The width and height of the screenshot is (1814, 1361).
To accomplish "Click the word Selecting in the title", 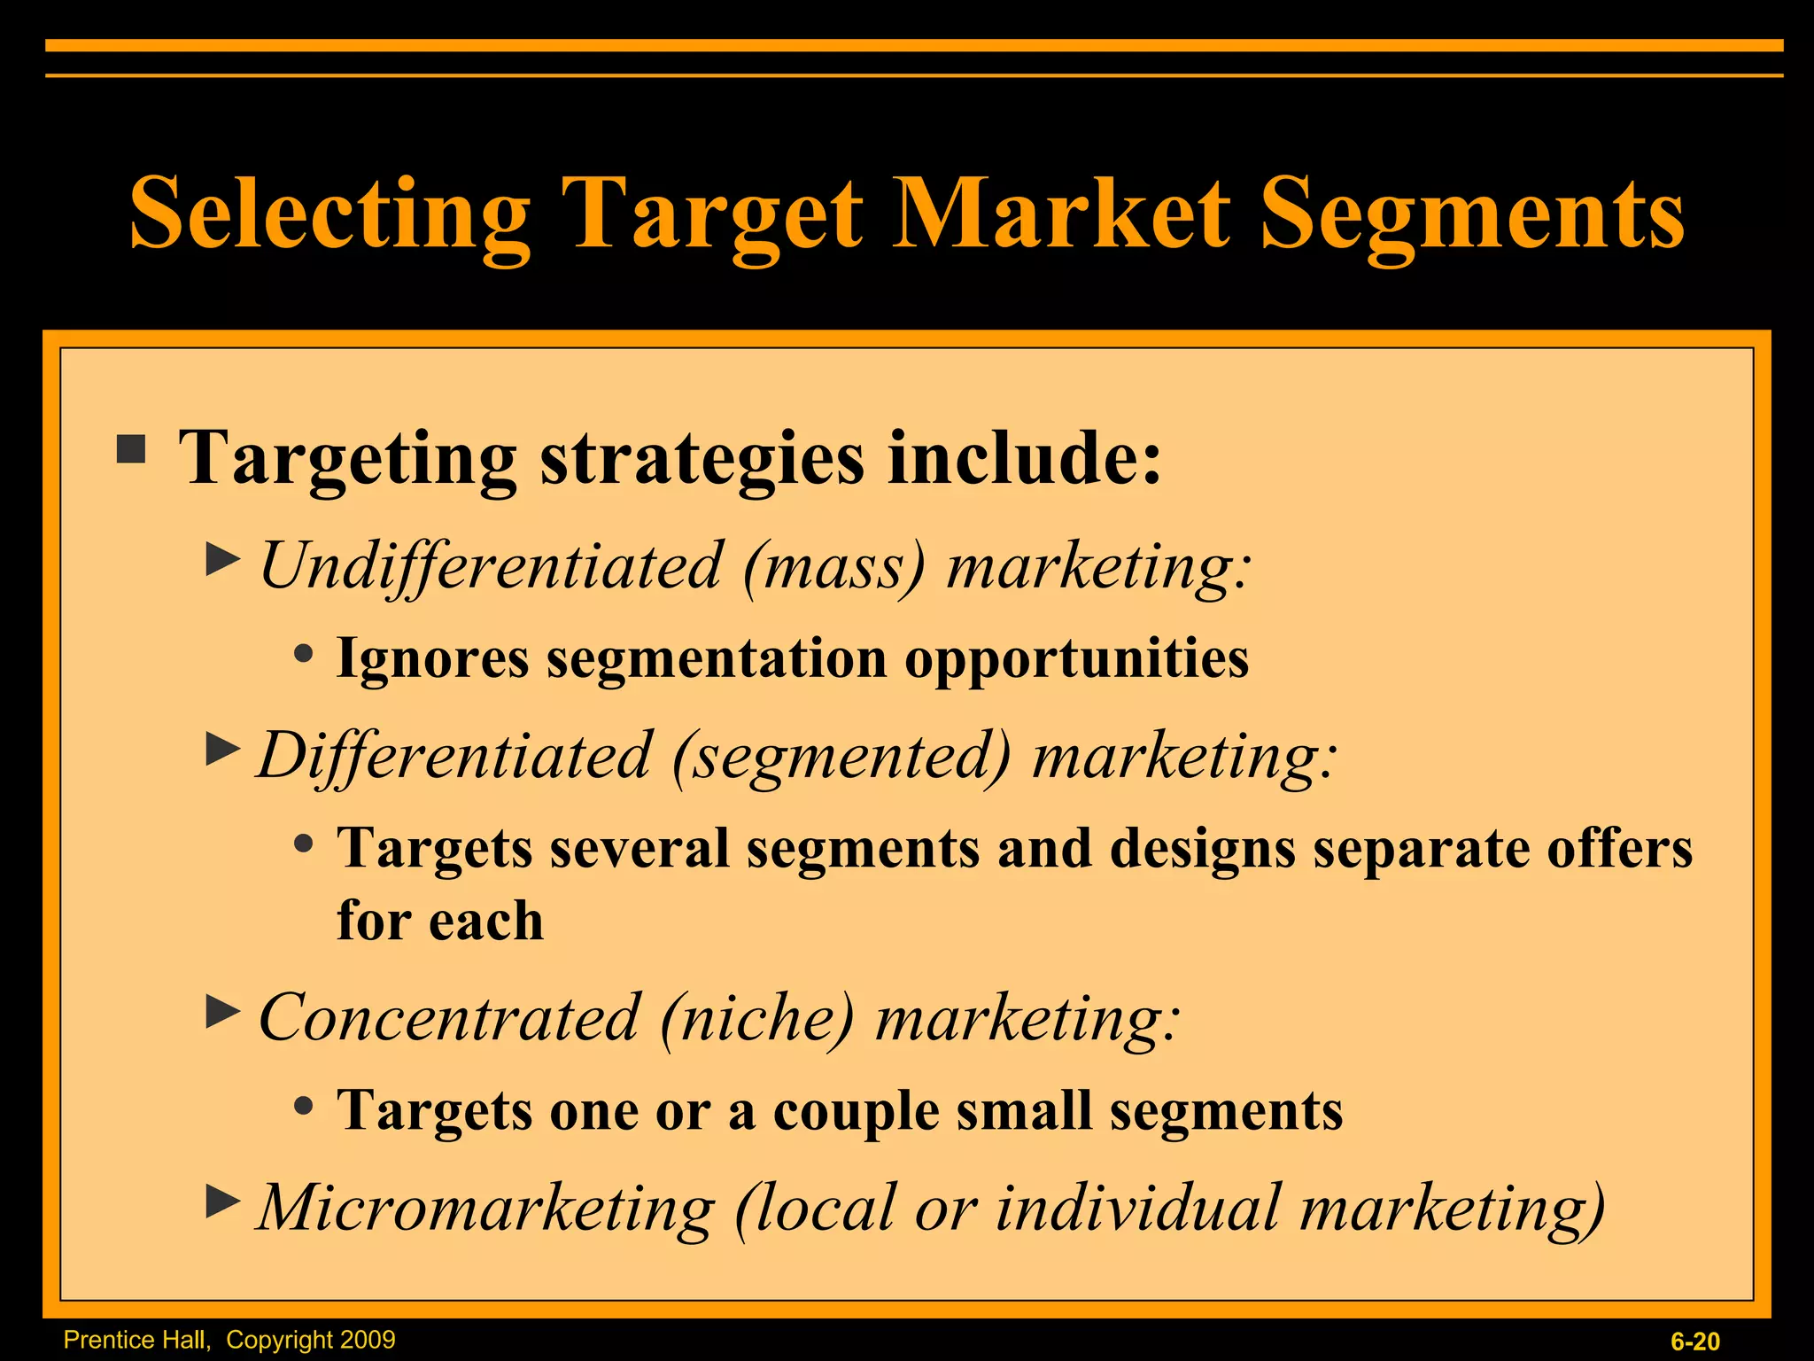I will click(329, 214).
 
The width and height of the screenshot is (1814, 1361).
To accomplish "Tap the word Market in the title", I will click(1060, 214).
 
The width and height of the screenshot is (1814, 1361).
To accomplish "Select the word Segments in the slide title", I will click(1472, 214).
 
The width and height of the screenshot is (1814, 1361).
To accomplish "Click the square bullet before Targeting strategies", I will click(131, 449).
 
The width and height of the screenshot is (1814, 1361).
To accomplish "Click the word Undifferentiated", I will click(491, 565).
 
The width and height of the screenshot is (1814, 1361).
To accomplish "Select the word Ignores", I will click(432, 658).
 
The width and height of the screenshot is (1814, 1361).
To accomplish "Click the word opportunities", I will click(1076, 658).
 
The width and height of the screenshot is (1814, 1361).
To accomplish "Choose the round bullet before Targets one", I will click(304, 1105).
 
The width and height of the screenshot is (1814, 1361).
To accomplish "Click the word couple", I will click(856, 1111).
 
